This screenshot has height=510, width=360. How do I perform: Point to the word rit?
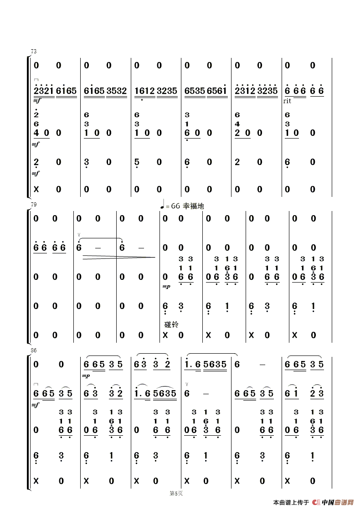point(287,101)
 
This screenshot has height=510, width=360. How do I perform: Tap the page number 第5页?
point(176,493)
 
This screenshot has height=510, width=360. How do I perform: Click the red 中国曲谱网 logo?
point(333,503)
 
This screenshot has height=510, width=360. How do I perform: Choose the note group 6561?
point(217,91)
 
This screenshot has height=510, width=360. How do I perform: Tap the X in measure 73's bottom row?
point(36,189)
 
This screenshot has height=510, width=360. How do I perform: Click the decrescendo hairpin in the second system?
point(118,258)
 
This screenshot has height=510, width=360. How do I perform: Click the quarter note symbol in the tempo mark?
point(162,206)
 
